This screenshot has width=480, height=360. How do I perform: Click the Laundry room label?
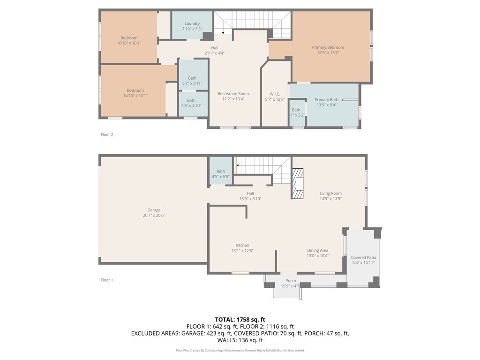click(192, 23)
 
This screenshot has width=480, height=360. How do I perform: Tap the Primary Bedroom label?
click(328, 47)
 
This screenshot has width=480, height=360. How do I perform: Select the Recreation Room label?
click(233, 94)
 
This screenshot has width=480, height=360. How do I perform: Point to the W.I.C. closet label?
click(275, 94)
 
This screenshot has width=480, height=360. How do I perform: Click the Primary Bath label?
click(326, 100)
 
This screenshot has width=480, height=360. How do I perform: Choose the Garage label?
click(154, 210)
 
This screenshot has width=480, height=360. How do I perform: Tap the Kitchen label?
click(242, 245)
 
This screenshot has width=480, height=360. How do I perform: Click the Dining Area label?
click(317, 250)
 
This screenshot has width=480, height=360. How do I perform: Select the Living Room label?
click(330, 193)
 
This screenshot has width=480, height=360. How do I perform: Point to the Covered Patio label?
click(363, 258)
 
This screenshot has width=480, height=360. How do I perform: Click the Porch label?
click(291, 281)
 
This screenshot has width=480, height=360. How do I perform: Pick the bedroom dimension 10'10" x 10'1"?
click(129, 43)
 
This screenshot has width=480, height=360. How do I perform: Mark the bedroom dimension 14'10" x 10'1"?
click(135, 96)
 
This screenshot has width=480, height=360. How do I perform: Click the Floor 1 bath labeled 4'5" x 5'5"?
click(220, 174)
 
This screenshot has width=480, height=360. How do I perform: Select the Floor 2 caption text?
click(107, 135)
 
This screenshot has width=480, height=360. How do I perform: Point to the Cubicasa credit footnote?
click(240, 350)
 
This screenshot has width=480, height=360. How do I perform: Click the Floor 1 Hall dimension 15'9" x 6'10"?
click(250, 199)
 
